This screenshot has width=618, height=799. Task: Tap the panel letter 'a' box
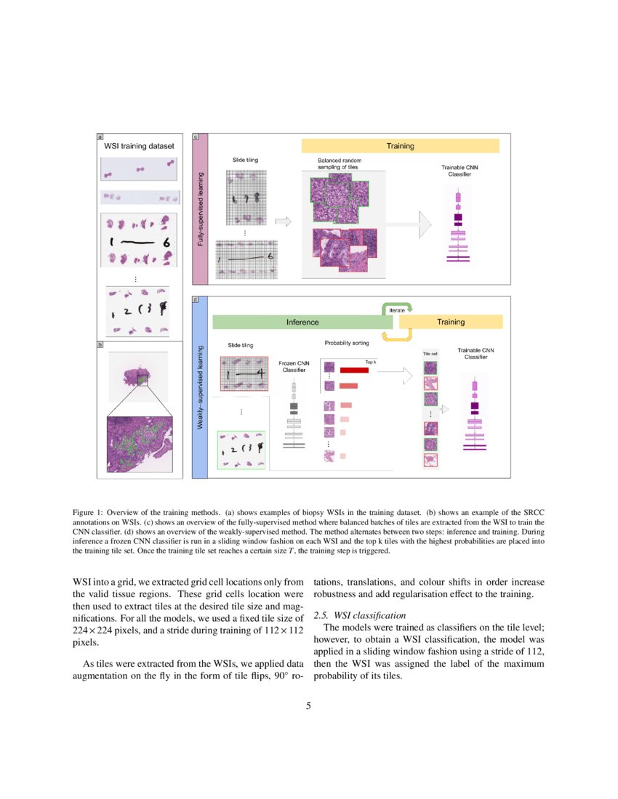pos(100,136)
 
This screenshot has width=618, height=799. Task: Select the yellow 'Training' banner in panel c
pos(400,146)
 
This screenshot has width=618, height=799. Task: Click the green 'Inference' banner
pos(302,322)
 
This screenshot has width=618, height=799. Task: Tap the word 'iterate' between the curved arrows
pos(397,310)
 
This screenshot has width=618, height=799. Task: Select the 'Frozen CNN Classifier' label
pos(294,366)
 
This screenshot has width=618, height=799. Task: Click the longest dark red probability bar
pos(354,370)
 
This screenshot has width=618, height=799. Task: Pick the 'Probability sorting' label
pos(346,342)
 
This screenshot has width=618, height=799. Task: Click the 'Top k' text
pos(370,361)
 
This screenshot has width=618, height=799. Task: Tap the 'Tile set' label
pos(430,354)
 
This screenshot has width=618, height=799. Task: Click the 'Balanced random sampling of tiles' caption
pos(340,163)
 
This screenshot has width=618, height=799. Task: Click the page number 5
pos(308,706)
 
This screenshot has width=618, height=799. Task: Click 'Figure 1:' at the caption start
pos(90,511)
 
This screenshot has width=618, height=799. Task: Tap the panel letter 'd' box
pos(195,299)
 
